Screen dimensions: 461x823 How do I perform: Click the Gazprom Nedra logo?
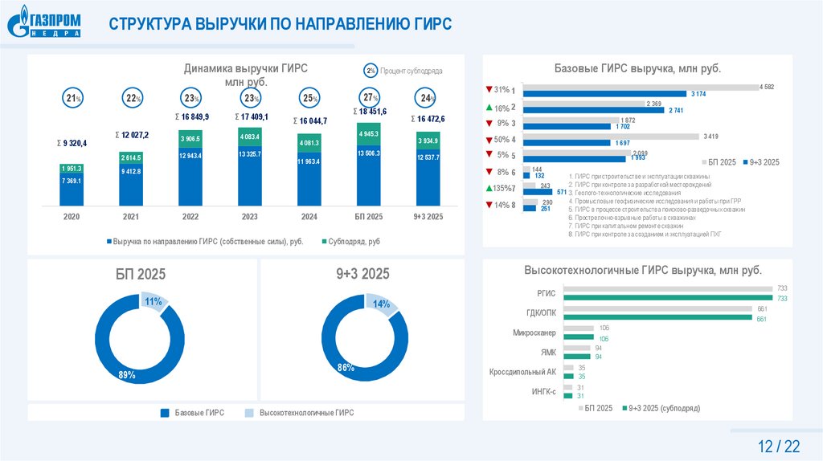tap(46, 23)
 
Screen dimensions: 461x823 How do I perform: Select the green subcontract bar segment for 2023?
tap(250, 137)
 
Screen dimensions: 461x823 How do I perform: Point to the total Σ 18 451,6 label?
tap(370, 112)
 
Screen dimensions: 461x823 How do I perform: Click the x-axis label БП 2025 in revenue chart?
tap(370, 217)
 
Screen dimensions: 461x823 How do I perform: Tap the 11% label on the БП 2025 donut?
tap(153, 302)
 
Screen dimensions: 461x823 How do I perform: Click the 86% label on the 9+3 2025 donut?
tap(346, 368)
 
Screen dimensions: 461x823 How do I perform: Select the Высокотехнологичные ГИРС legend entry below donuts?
tap(301, 413)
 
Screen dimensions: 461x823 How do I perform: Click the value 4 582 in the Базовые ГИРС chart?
tap(765, 87)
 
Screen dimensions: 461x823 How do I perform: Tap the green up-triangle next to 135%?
tap(488, 188)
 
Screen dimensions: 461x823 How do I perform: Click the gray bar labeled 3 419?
tap(612, 137)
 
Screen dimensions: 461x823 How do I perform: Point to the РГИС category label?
tap(546, 294)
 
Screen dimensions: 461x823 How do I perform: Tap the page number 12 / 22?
tap(779, 446)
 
